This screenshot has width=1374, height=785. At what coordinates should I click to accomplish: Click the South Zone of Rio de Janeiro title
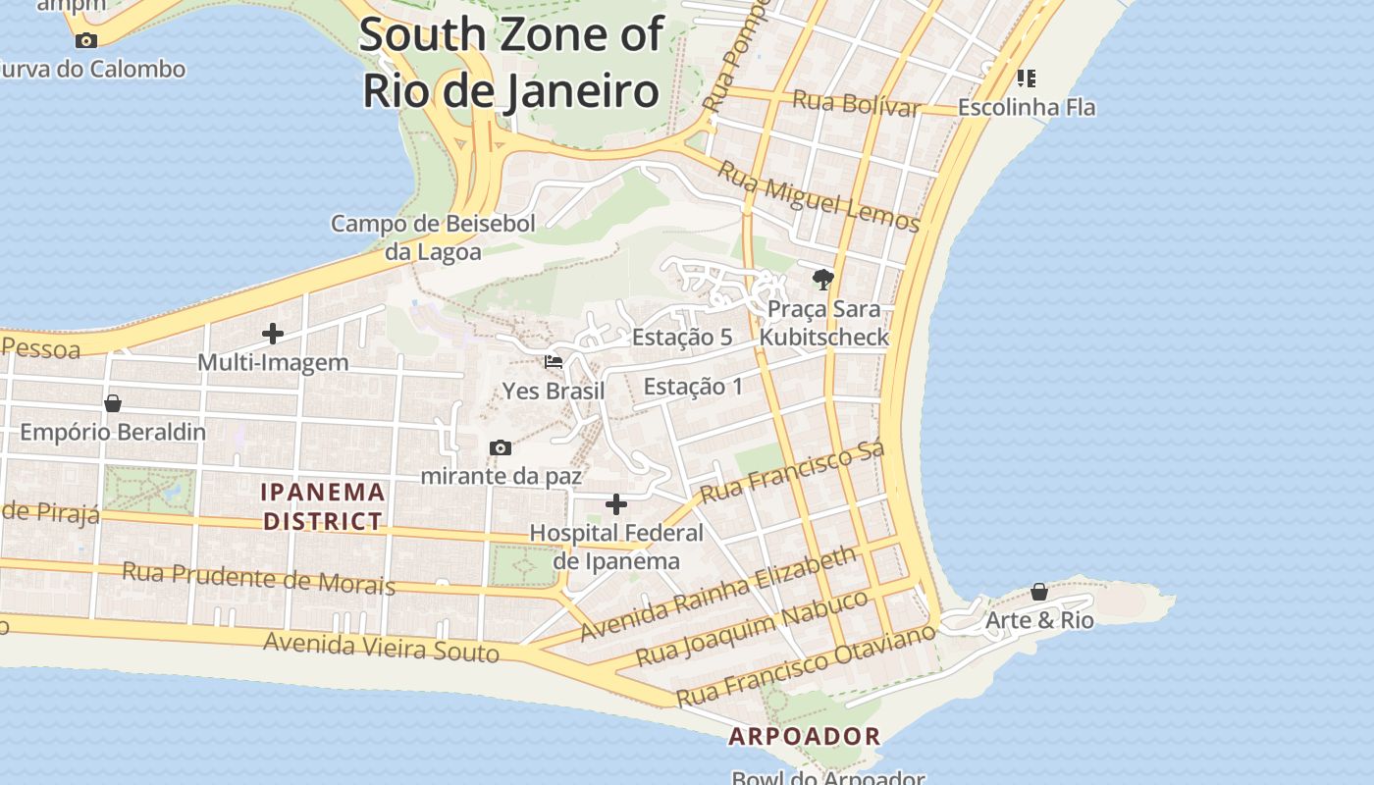[x=511, y=63]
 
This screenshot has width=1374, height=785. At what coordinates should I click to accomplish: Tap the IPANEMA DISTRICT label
[x=323, y=506]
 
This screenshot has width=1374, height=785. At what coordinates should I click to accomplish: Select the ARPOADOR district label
[x=805, y=736]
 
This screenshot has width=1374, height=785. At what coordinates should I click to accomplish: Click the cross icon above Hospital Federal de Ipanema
[x=616, y=504]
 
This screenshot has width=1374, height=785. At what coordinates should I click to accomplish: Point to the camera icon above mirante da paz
[x=501, y=448]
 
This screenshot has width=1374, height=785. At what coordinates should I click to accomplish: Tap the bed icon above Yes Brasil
[x=554, y=362]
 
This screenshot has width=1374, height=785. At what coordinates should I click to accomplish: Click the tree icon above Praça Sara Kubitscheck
[x=823, y=280]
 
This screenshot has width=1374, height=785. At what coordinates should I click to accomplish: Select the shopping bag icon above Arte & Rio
[x=1039, y=592]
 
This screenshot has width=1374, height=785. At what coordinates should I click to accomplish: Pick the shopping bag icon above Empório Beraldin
[x=113, y=403]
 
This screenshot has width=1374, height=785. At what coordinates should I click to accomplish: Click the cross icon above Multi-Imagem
[x=273, y=334]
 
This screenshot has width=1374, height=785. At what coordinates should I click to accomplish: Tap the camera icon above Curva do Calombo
[x=86, y=40]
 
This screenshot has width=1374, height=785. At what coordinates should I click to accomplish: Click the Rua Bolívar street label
[x=856, y=103]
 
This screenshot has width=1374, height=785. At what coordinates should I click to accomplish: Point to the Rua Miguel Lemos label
[x=819, y=196]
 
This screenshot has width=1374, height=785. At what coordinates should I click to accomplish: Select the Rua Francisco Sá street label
[x=793, y=471]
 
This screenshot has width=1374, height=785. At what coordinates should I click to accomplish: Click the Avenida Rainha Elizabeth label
[x=718, y=595]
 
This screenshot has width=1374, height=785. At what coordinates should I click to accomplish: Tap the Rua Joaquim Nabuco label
[x=753, y=628]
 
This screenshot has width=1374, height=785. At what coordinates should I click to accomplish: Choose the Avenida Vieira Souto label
[x=382, y=647]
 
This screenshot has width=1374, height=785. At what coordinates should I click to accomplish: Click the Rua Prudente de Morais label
[x=258, y=578]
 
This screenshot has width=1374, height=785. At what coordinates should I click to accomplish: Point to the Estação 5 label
[x=682, y=338]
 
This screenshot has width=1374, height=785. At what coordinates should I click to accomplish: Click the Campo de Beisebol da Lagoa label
[x=433, y=237]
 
